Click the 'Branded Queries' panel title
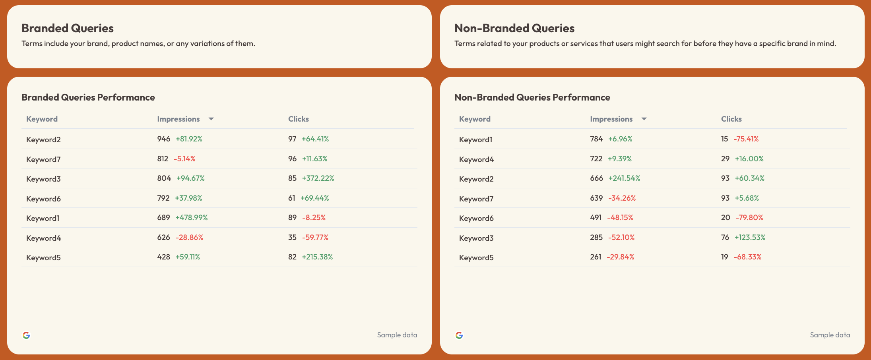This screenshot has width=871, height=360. tap(68, 28)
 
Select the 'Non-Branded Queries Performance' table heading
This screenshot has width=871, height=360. tap(532, 97)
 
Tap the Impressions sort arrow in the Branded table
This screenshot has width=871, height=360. tap(211, 119)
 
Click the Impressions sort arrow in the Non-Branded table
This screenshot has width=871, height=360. tap(644, 119)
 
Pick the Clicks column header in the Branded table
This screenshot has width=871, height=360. tap(298, 119)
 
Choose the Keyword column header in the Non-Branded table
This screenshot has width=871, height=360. tap(474, 119)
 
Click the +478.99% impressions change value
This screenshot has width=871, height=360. tap(191, 218)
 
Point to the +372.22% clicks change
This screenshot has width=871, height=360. tap(318, 178)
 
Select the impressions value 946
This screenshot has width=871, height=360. tap(163, 139)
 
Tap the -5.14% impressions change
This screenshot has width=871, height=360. tap(184, 159)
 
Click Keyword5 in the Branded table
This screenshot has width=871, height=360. tap(43, 257)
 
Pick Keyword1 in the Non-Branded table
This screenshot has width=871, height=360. tap(475, 139)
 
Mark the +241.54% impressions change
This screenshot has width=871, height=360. tap(624, 178)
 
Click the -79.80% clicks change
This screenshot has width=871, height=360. tap(749, 218)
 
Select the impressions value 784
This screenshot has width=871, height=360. tap(596, 139)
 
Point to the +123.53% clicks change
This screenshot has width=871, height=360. tap(750, 238)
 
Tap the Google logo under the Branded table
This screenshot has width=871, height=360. tap(26, 335)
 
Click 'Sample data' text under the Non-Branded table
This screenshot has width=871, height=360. tap(830, 335)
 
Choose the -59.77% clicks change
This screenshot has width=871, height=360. tap(315, 238)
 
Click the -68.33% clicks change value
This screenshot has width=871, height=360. tap(747, 257)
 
